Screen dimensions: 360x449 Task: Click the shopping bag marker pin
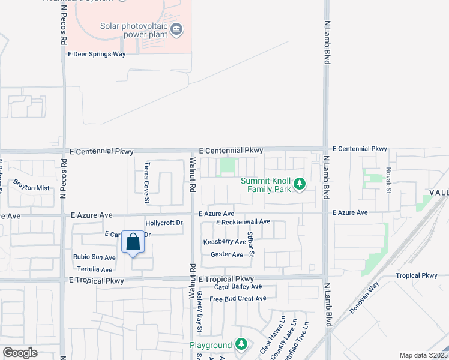(x=133, y=243)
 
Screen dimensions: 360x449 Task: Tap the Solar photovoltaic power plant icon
(x=176, y=29)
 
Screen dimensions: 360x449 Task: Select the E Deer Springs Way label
(x=97, y=54)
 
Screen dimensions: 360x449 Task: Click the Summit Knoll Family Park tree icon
(x=299, y=185)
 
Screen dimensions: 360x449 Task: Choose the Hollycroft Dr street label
(x=164, y=223)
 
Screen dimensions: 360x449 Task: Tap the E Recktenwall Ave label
(x=244, y=222)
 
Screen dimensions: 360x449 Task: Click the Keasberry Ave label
(x=224, y=242)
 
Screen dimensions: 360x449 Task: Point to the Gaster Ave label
(x=227, y=254)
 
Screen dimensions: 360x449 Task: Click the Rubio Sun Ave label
(x=94, y=257)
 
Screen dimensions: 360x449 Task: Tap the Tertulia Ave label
(x=95, y=270)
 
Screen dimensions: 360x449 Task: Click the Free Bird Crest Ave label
(x=238, y=298)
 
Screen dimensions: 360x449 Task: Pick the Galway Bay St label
(x=199, y=315)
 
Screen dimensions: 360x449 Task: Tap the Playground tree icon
(x=241, y=344)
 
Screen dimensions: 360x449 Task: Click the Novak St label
(x=388, y=180)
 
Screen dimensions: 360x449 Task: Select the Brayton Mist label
(x=31, y=188)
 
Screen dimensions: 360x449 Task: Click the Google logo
(x=20, y=352)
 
